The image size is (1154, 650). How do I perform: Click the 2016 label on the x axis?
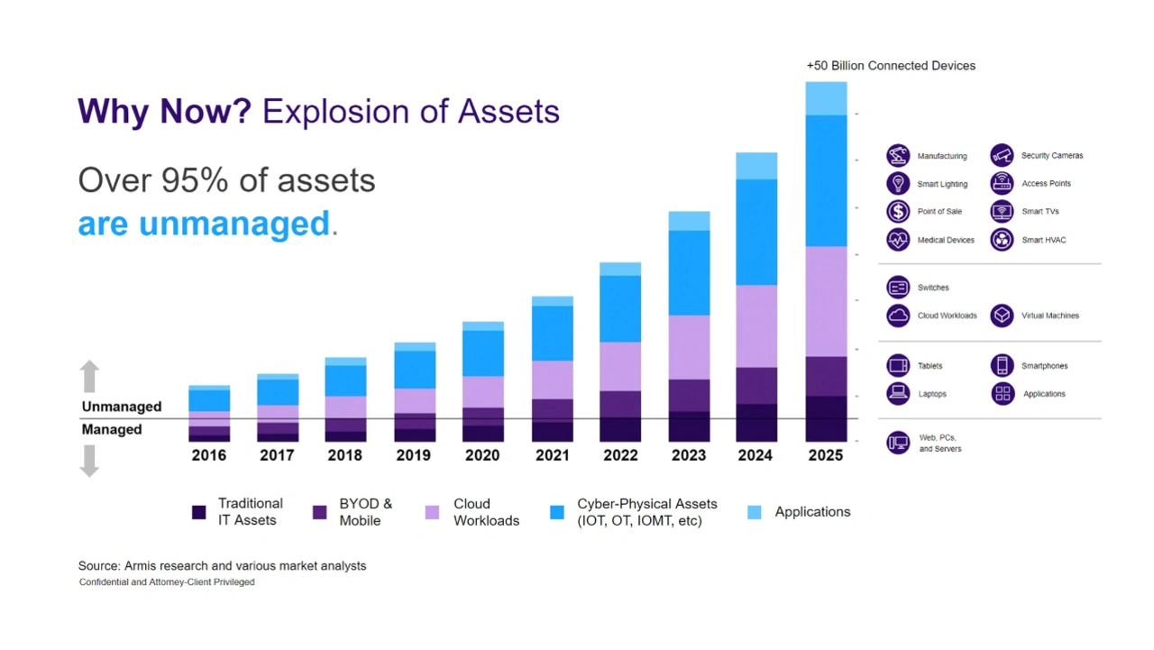point(208,455)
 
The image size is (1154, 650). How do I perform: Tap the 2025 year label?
point(825,455)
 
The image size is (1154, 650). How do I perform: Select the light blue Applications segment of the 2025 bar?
point(826,98)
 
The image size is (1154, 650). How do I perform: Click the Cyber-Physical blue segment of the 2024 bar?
point(756,232)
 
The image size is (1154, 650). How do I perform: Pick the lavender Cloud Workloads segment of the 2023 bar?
point(689,347)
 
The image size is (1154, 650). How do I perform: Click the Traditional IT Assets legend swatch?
point(199,512)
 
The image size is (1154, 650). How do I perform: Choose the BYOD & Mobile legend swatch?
point(319,512)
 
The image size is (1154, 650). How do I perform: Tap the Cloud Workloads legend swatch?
point(432,512)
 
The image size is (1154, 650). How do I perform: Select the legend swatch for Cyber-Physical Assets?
point(557,512)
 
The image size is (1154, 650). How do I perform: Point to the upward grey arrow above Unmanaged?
point(89,377)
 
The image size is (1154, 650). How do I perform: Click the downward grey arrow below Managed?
point(89,461)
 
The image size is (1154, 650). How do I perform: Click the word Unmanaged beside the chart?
point(122,407)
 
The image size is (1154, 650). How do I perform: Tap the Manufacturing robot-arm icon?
point(898,155)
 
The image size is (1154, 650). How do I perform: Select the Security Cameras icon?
point(1002,155)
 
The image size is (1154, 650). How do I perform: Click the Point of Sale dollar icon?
point(898,211)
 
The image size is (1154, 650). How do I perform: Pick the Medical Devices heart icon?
point(898,240)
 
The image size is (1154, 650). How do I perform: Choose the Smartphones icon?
point(1002,365)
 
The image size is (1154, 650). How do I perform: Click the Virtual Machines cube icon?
point(1002,316)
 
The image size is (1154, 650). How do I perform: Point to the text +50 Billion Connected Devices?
point(891,66)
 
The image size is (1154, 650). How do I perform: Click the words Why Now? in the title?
point(165,112)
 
